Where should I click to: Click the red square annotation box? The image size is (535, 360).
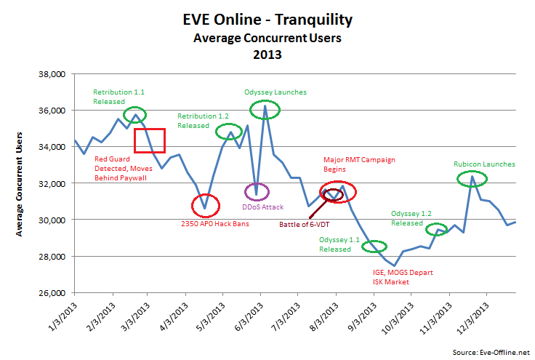point(150,140)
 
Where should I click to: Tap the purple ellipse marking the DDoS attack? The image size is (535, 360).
point(256,192)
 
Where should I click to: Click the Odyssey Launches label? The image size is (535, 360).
point(275,92)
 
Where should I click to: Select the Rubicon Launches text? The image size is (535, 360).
point(484,164)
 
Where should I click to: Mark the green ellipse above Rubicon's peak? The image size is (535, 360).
point(472,177)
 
